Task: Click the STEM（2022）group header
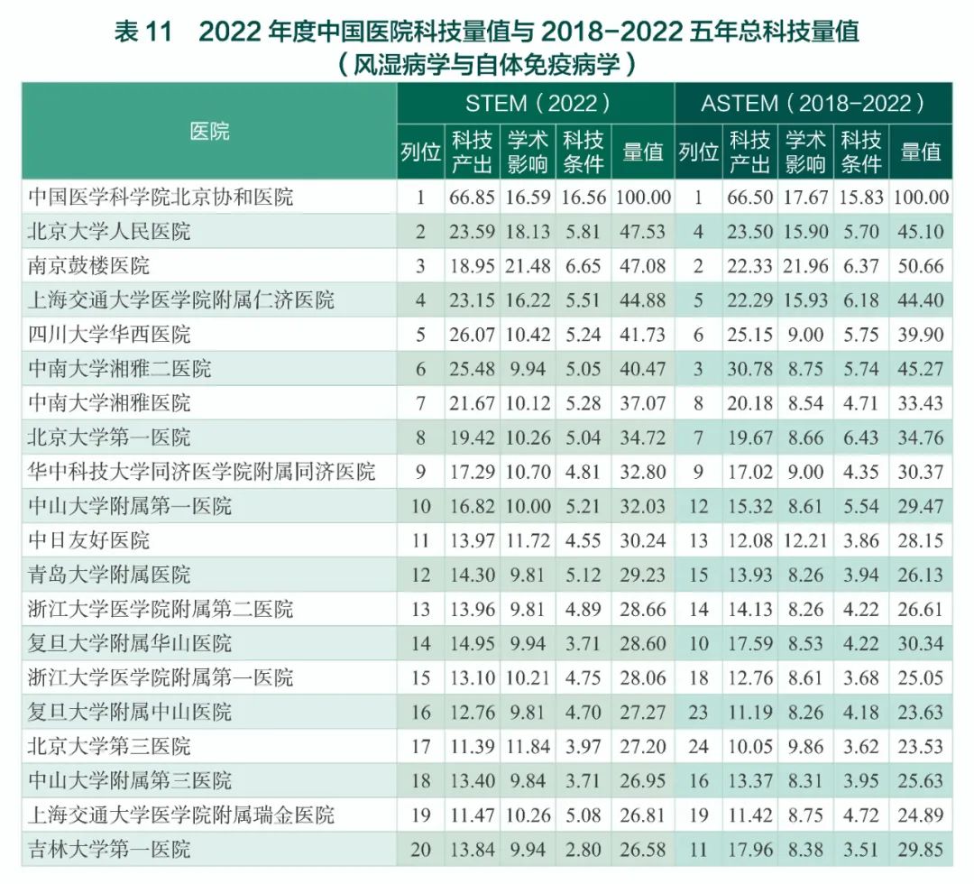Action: coord(536,103)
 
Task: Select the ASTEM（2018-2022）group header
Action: coord(813,103)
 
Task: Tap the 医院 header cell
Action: coord(209,131)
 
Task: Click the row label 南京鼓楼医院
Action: coord(89,266)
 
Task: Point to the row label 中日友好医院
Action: coord(89,540)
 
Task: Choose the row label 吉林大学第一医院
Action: coord(110,849)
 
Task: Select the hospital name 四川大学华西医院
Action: coord(110,335)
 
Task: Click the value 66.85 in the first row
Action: coord(472,198)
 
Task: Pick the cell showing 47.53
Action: coord(642,232)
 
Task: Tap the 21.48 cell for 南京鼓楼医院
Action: coord(528,266)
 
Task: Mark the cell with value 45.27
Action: coord(920,369)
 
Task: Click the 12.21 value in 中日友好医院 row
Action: coord(804,540)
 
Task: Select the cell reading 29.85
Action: coord(920,849)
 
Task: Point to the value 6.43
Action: coord(860,437)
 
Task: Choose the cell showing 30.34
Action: coord(920,643)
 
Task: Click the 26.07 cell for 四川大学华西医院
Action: coord(472,335)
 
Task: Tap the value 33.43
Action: coord(920,403)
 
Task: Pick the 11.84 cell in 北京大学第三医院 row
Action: coord(528,746)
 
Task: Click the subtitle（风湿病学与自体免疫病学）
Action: coord(487,64)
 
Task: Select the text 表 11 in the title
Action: coord(142,32)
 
